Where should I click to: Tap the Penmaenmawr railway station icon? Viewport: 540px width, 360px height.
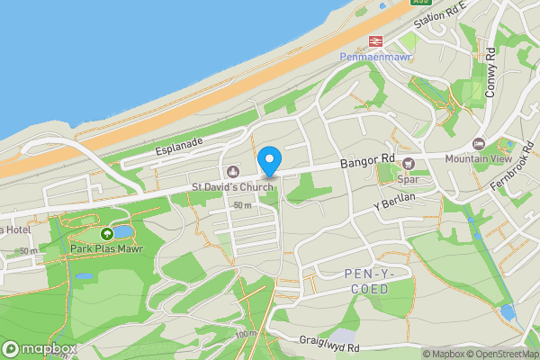[x=375, y=40]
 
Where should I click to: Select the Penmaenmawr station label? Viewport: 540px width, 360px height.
[x=374, y=57]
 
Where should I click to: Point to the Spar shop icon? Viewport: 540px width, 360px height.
[x=409, y=163]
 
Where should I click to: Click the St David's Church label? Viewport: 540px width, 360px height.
[x=232, y=187]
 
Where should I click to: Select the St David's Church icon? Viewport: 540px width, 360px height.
[x=232, y=172]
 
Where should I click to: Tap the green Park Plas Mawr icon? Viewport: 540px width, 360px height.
[x=107, y=234]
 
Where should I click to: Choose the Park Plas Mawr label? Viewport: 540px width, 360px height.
[x=107, y=248]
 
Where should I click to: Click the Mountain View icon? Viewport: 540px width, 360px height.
[x=479, y=143]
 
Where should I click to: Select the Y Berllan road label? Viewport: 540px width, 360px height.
[x=396, y=202]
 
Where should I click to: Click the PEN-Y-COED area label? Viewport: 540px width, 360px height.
[x=367, y=281]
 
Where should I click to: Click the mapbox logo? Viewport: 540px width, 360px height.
[x=40, y=348]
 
